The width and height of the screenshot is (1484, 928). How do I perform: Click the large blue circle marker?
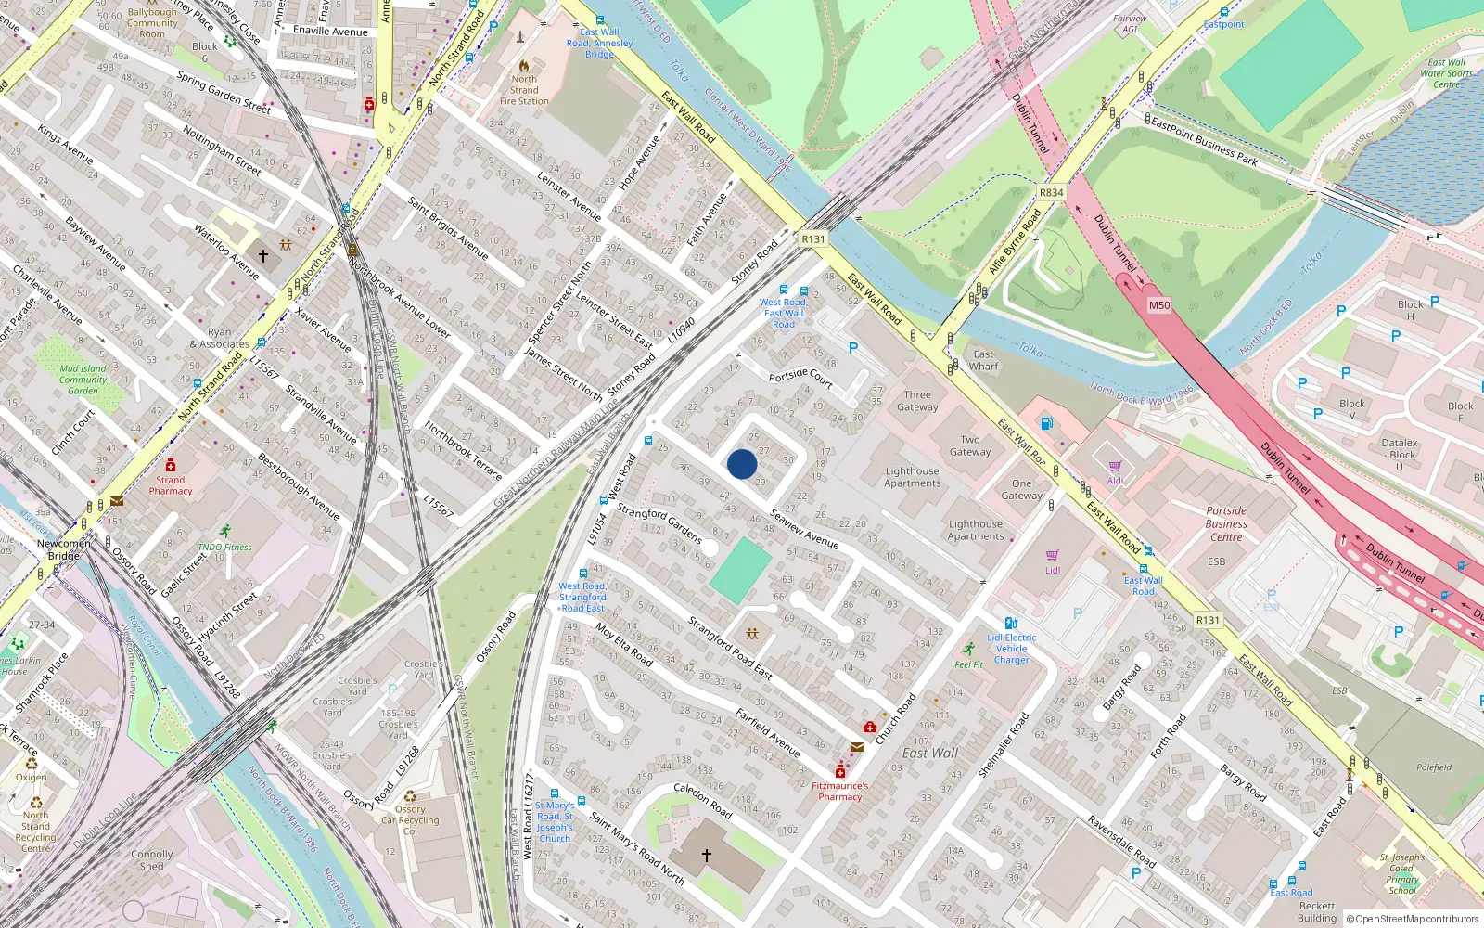tap(742, 464)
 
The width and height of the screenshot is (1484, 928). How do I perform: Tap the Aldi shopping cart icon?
tap(1115, 467)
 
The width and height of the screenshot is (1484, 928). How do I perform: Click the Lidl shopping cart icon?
tap(1053, 556)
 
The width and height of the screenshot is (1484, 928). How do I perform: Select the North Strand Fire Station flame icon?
tap(524, 66)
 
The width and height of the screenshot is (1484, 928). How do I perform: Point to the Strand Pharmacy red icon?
tap(170, 465)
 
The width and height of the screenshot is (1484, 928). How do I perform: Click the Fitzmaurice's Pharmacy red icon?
tap(840, 771)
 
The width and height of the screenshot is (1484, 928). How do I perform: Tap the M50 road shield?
tap(1159, 305)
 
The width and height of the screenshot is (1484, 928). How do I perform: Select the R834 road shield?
tap(1051, 193)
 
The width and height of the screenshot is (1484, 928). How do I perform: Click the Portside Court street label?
tap(800, 377)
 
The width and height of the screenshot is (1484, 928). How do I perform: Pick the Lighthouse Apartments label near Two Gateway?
tap(912, 477)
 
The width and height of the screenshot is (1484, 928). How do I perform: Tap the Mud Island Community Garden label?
tap(83, 380)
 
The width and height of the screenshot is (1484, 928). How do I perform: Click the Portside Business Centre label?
tap(1226, 523)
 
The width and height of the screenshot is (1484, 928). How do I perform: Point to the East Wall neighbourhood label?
tap(930, 753)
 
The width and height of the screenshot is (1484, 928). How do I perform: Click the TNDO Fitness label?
tap(224, 547)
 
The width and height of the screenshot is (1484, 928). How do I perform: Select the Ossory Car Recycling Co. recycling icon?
tap(410, 796)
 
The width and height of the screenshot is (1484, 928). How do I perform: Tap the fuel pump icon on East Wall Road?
tap(1046, 424)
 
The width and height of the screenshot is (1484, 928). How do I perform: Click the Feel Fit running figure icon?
tap(969, 650)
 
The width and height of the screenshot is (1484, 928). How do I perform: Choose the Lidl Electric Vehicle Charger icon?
tap(1011, 624)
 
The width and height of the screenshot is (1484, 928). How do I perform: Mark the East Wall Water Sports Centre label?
tap(1446, 73)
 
